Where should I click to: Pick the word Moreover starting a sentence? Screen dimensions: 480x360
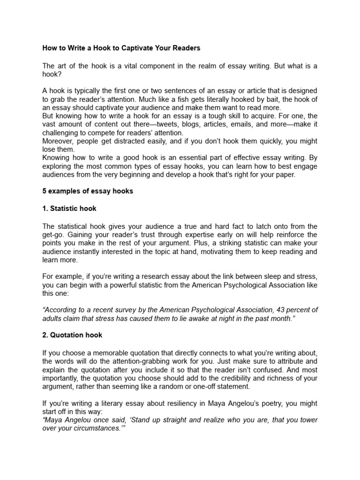(59, 141)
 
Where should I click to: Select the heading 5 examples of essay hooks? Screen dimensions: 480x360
(88, 191)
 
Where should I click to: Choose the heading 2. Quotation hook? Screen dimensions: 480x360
(73, 335)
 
